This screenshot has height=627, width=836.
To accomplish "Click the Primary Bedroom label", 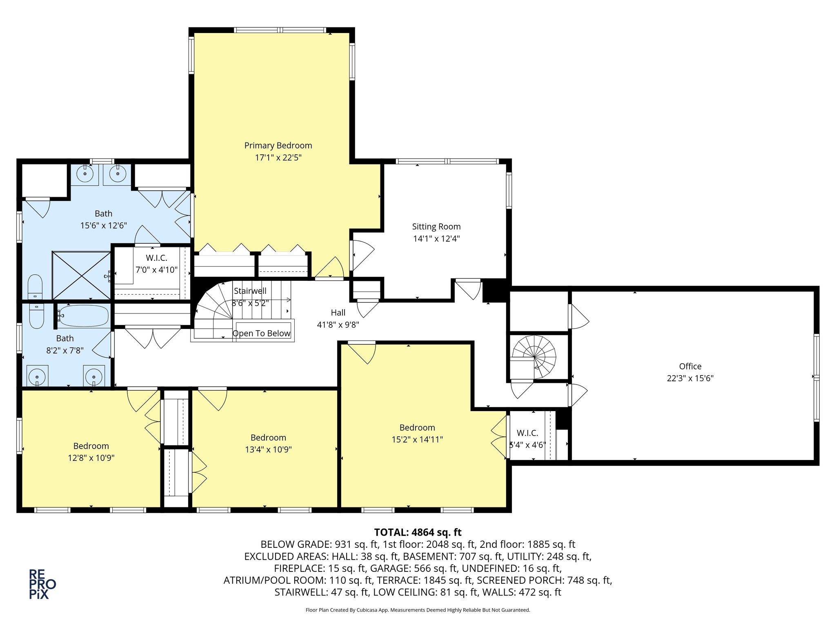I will click(x=278, y=145).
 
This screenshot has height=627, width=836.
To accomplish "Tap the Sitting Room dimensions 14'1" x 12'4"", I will click(x=436, y=238).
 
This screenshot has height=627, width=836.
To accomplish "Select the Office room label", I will click(x=690, y=366).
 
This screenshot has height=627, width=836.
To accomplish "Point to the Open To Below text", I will click(x=261, y=333).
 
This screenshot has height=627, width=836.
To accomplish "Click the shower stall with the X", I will click(x=82, y=276).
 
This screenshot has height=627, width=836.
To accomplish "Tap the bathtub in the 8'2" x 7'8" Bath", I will click(x=83, y=316).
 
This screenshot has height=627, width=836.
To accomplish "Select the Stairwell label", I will click(x=250, y=291).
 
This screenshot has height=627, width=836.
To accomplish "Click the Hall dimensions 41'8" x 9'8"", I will click(x=338, y=325).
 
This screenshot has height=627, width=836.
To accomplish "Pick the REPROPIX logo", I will click(x=42, y=584).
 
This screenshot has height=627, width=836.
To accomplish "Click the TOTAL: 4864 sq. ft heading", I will click(x=418, y=532).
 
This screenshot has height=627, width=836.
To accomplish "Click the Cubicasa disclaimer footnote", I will click(x=418, y=610).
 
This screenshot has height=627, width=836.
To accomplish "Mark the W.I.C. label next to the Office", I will click(x=527, y=433).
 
